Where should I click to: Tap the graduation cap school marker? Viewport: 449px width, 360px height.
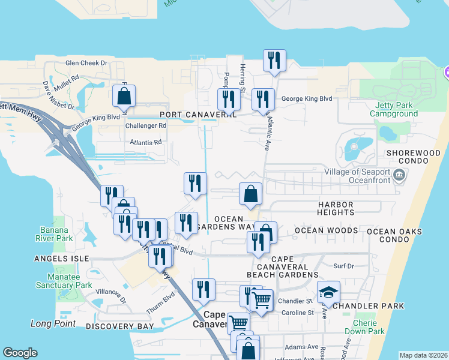click(x=328, y=293)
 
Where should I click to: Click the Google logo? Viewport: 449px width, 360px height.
click(x=20, y=353)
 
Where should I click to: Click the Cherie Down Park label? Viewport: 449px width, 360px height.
click(x=365, y=327)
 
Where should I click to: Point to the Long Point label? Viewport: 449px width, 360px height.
click(x=53, y=323)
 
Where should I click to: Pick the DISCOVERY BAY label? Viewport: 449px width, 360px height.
click(x=120, y=326)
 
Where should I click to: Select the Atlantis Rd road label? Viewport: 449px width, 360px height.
click(x=146, y=142)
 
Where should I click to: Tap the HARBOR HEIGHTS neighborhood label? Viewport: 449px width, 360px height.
click(x=336, y=208)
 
